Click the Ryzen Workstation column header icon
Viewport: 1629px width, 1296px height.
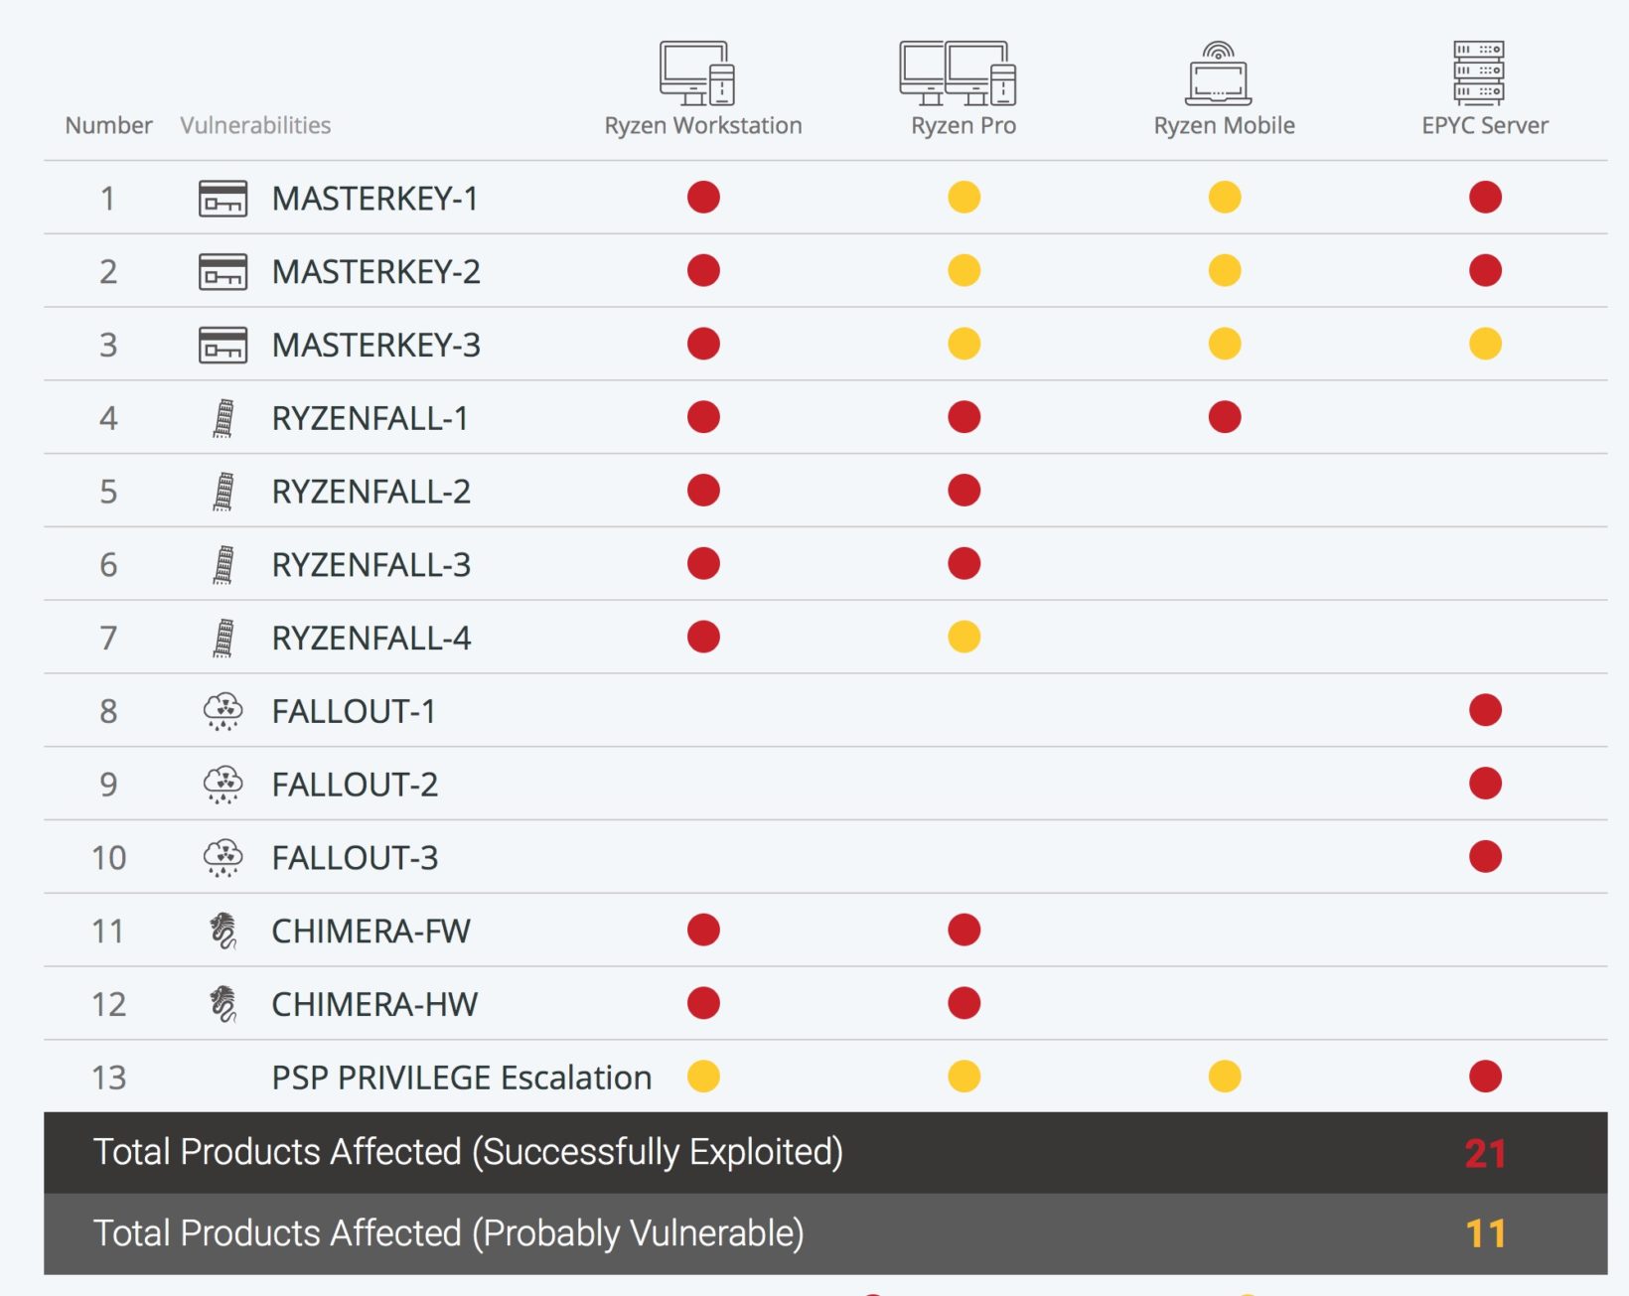(x=697, y=72)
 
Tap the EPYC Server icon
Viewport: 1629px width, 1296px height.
(x=1478, y=72)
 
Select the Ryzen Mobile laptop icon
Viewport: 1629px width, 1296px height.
(x=1219, y=74)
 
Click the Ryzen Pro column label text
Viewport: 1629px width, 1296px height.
(x=963, y=126)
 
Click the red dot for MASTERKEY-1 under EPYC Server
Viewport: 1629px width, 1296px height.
(x=1485, y=198)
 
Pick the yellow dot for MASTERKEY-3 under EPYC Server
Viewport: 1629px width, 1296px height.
(x=1485, y=345)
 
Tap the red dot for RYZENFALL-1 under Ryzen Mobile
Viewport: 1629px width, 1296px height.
(x=1224, y=417)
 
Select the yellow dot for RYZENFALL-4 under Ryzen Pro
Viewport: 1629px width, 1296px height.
(x=963, y=637)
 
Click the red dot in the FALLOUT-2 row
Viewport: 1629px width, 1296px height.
(x=1485, y=784)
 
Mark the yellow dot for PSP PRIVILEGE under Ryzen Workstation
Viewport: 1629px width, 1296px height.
(x=703, y=1077)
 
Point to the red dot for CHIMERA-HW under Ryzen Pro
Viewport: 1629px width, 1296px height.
(x=963, y=1003)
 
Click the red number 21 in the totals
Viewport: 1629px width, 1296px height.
(x=1485, y=1154)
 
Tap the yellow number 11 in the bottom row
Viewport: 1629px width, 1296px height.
(x=1485, y=1234)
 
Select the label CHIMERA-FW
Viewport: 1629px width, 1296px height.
(x=370, y=932)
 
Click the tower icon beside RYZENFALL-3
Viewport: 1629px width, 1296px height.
(x=223, y=565)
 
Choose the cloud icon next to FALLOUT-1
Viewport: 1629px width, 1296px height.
(x=222, y=711)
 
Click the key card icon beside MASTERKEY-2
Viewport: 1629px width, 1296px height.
(x=222, y=272)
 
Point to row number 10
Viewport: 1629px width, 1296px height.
(x=108, y=858)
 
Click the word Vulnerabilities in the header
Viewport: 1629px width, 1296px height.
(x=255, y=126)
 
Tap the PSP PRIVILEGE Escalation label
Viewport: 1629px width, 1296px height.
(x=461, y=1079)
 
